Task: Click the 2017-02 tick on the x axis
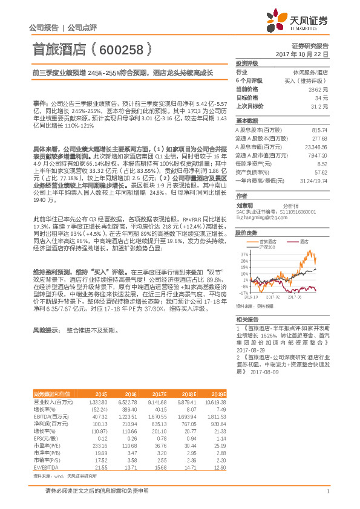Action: click(272, 297)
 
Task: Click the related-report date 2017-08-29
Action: click(248, 350)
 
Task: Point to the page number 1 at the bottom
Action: click(327, 491)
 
